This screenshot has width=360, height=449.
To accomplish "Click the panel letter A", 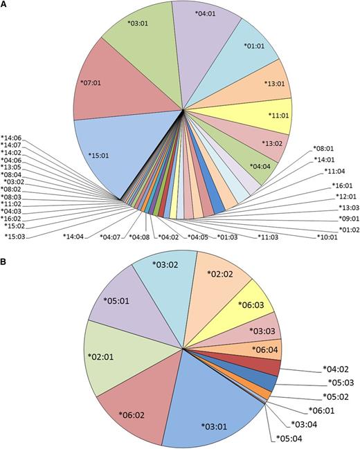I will (6, 6).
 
